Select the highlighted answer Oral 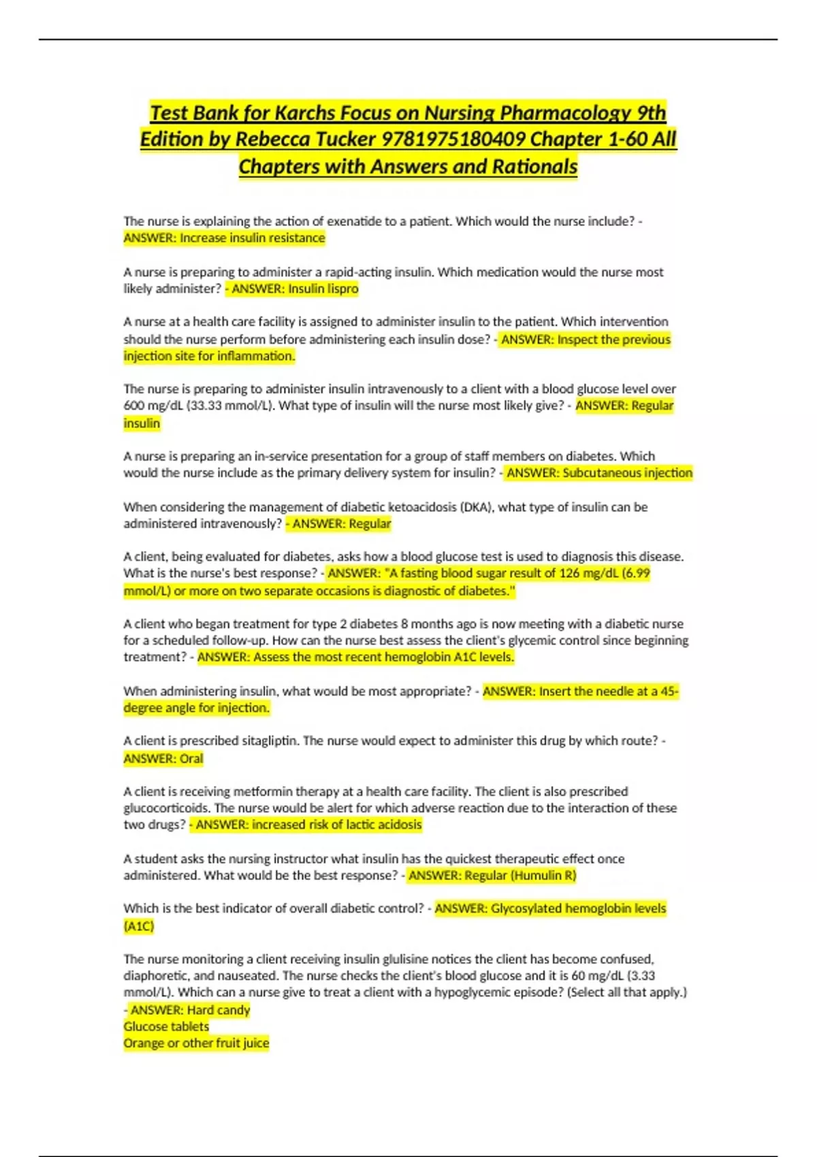coord(191,758)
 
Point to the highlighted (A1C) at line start coord(139,926)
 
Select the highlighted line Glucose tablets coord(166,1026)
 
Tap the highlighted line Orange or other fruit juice coord(196,1043)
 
